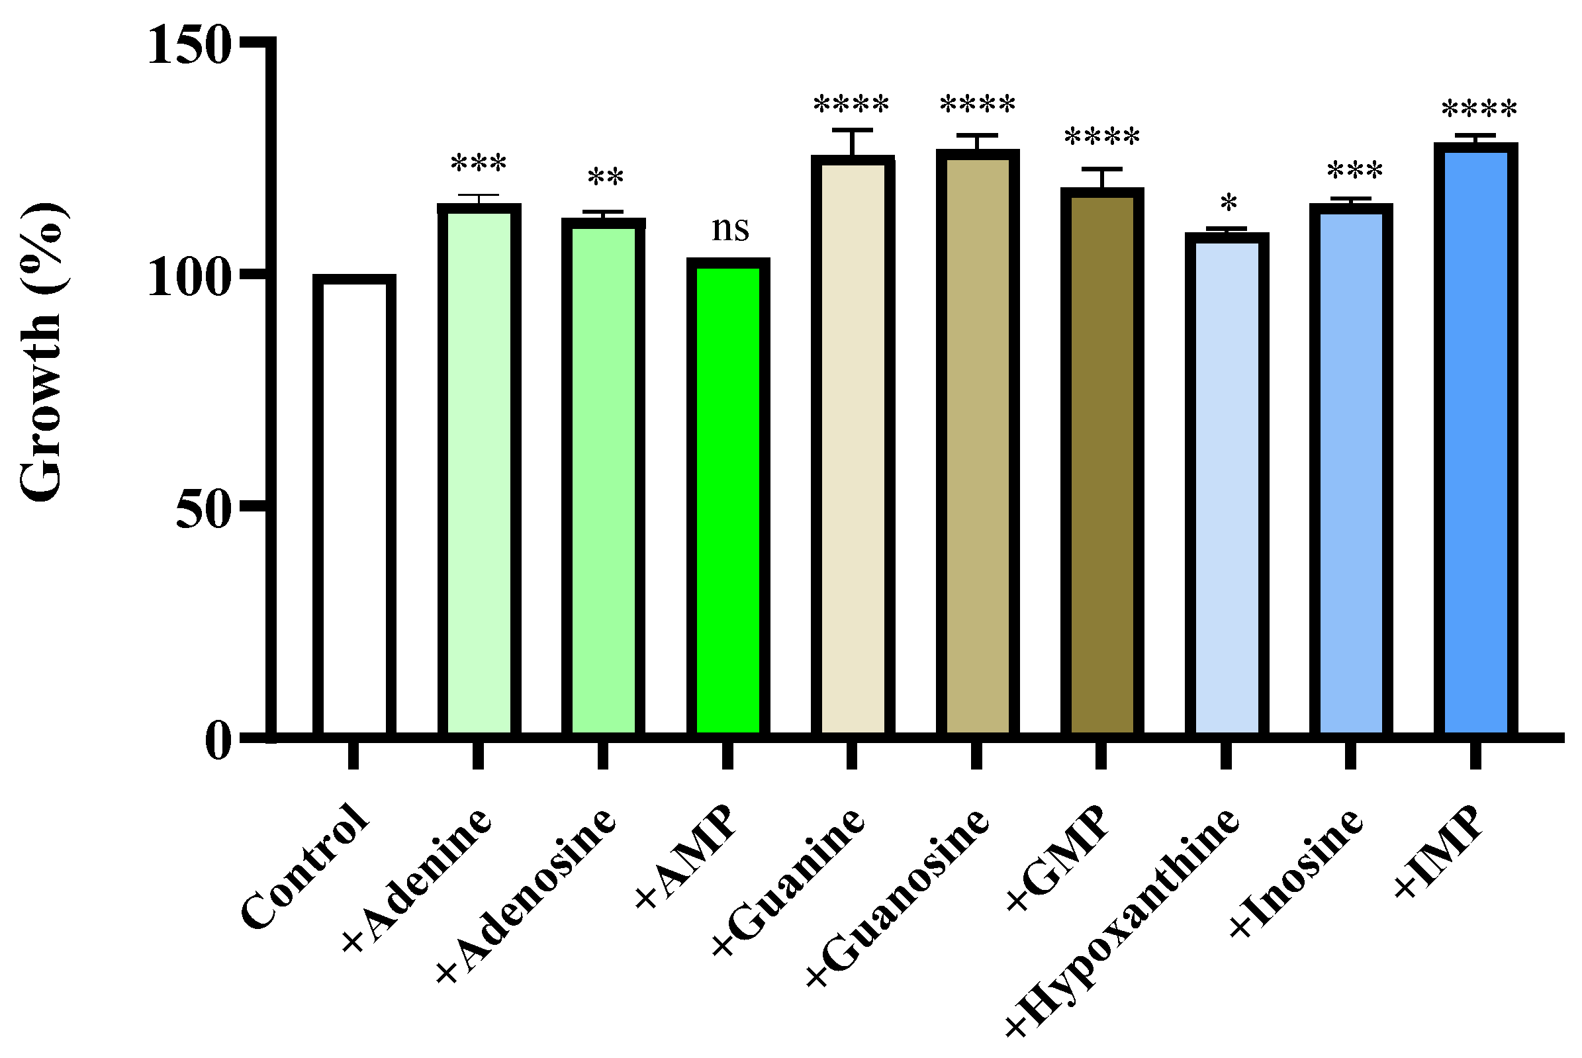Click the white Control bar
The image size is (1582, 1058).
click(353, 506)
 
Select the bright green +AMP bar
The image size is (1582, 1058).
click(727, 498)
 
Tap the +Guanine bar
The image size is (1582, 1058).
click(853, 446)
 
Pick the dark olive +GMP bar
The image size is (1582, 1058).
click(1101, 463)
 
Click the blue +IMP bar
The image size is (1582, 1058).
click(1476, 440)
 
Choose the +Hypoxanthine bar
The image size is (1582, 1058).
click(1227, 484)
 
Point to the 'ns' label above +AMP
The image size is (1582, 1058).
click(730, 230)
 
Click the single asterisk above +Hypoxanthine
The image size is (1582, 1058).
click(1229, 202)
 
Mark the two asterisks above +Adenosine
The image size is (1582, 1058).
click(606, 177)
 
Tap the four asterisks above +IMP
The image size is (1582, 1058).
click(1479, 109)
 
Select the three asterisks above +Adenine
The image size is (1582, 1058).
click(479, 163)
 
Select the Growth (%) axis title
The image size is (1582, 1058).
click(42, 352)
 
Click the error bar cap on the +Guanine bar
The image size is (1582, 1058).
click(853, 130)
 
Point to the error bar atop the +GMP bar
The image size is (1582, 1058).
click(1101, 178)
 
